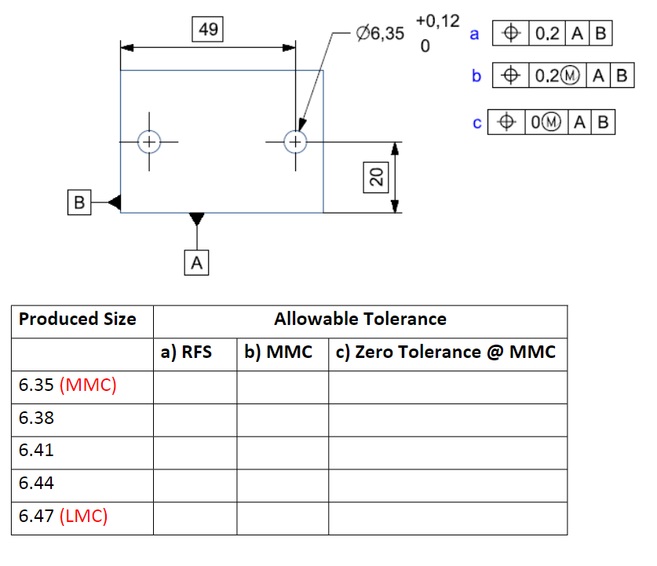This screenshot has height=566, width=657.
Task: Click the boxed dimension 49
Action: [x=209, y=30]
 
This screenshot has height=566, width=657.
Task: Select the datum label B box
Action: [x=78, y=203]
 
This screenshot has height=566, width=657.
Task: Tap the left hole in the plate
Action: [x=148, y=141]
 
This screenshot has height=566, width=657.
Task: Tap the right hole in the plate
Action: [x=295, y=141]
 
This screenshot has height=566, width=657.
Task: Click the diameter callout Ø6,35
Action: [x=380, y=34]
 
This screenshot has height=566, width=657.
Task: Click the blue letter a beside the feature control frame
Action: [x=473, y=34]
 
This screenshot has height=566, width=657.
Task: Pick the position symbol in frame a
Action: [x=510, y=34]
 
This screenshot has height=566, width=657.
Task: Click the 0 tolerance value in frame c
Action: [x=535, y=122]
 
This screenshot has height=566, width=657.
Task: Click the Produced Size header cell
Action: [x=78, y=320]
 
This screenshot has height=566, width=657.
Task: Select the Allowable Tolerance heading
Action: [x=360, y=320]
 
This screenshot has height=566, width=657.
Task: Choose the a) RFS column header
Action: [x=186, y=352]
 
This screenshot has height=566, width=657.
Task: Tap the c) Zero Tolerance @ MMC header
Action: [x=445, y=352]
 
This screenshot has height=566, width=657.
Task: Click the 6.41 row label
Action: [x=37, y=451]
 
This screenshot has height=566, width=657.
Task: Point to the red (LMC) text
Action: [x=83, y=517]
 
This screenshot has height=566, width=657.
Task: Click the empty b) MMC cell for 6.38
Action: [x=282, y=418]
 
